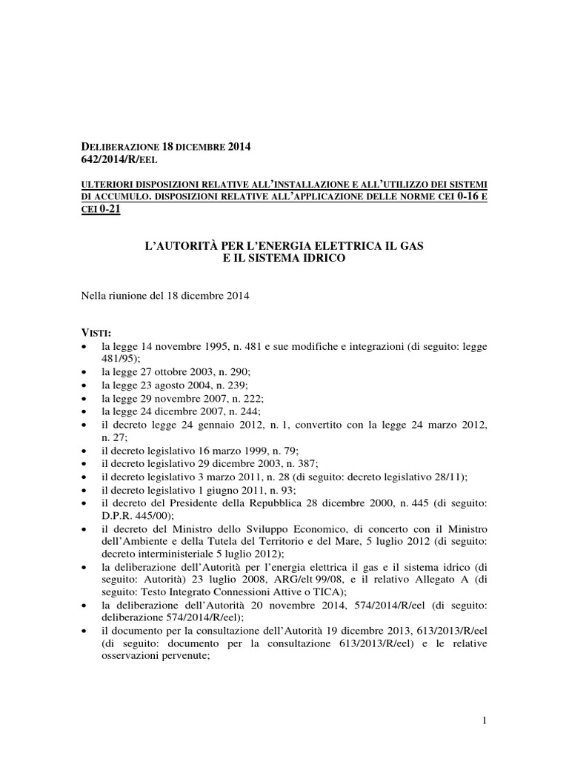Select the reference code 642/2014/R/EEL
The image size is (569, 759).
[x=119, y=159]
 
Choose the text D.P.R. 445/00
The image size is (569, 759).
[x=138, y=515]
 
